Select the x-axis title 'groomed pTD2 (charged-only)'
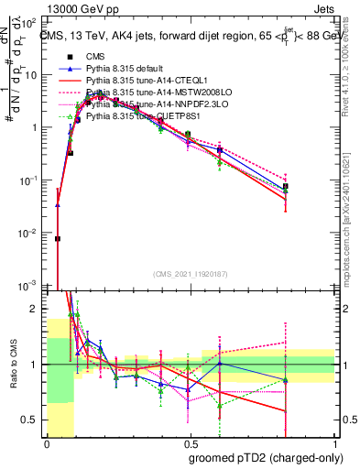point(266,458)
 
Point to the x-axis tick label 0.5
point(190,443)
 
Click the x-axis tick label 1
point(333,443)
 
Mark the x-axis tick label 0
point(47,443)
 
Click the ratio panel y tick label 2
point(37,309)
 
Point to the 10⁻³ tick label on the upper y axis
point(33,286)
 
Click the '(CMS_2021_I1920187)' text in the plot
point(191,274)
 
